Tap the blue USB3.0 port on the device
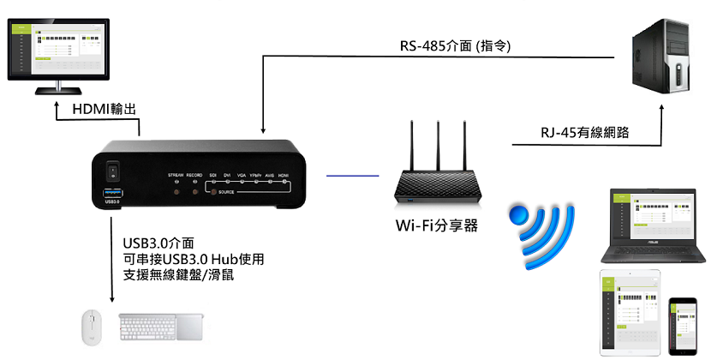pyautogui.click(x=110, y=195)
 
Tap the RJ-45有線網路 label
pyautogui.click(x=584, y=133)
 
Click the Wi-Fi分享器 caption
pyautogui.click(x=436, y=226)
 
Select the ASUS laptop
pyautogui.click(x=654, y=225)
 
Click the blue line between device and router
pyautogui.click(x=353, y=175)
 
